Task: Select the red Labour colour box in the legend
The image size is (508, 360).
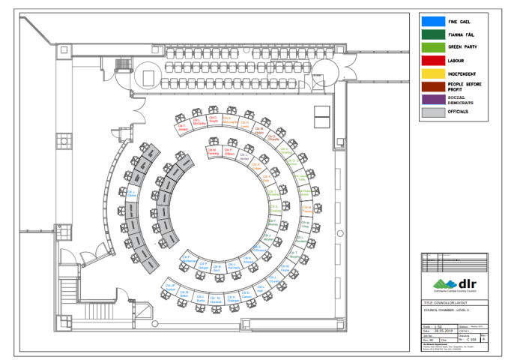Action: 431,60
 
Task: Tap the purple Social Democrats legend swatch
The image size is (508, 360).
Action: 431,99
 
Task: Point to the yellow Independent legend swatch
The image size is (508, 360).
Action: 431,73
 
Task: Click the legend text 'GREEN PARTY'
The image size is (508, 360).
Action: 464,47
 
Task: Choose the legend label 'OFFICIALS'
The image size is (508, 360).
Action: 458,112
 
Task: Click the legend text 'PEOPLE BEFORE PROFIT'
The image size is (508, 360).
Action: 468,86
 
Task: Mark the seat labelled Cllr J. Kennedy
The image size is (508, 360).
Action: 233,265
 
